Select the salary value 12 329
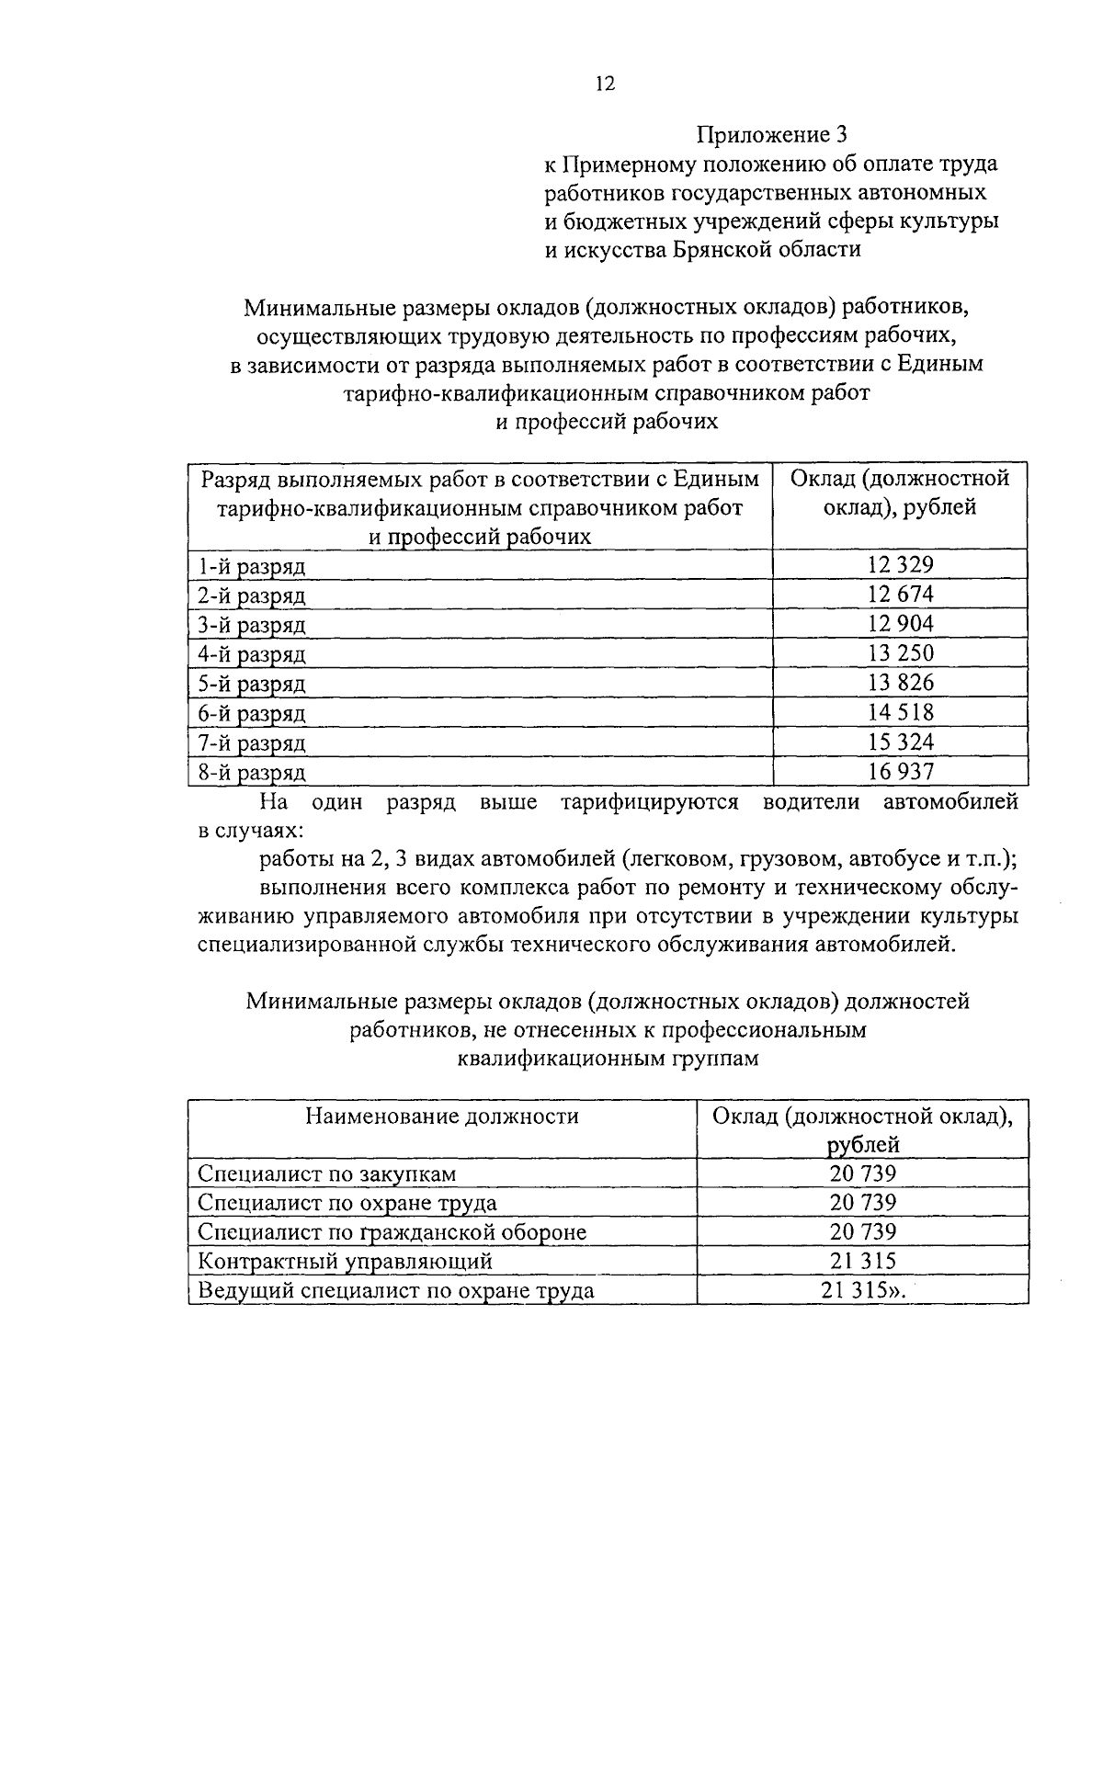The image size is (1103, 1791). pos(900,565)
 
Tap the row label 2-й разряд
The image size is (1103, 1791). pos(252,595)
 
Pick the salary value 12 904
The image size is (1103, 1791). pos(900,624)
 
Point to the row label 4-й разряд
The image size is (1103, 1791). pos(252,654)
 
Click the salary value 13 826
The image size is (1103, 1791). pos(900,683)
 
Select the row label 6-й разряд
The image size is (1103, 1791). pos(252,713)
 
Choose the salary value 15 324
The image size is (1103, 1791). pos(900,742)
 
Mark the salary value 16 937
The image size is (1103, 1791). pos(900,771)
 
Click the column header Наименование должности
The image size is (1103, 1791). pos(442,1116)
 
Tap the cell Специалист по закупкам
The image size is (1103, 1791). pos(327,1173)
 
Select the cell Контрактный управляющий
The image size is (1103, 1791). pos(346,1261)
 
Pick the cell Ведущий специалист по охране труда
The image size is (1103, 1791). pos(396,1290)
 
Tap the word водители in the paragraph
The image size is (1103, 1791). pos(811,801)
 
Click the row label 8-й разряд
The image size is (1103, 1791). pos(252,772)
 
